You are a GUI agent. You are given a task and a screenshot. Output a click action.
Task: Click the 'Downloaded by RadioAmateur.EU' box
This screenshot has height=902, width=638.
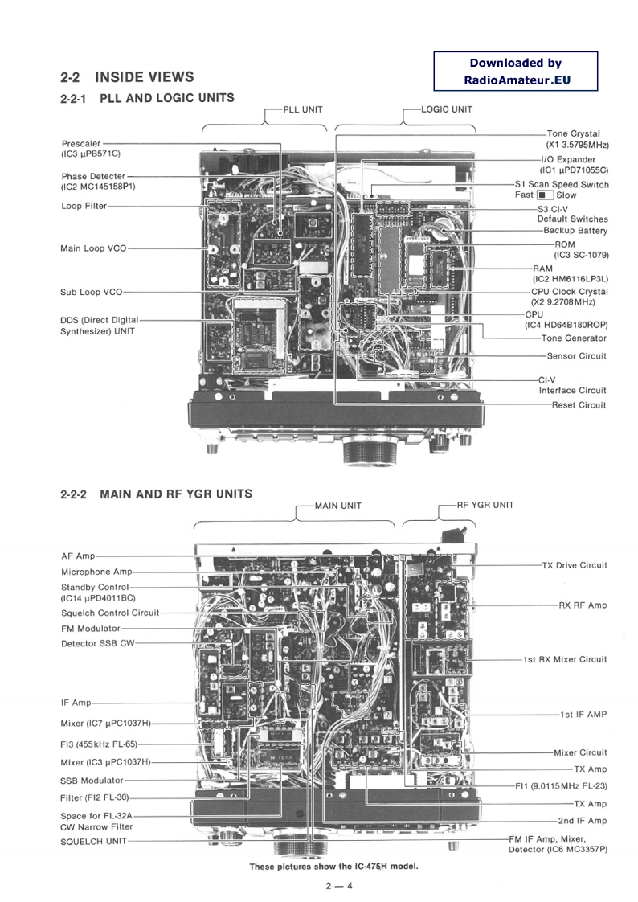pyautogui.click(x=515, y=71)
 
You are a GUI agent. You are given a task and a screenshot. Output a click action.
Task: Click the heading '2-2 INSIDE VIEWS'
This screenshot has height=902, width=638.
pyautogui.click(x=127, y=77)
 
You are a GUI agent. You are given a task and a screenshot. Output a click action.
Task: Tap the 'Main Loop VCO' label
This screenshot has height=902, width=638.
pyautogui.click(x=93, y=248)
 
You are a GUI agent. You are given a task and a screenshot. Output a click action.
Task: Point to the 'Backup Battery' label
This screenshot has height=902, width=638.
pyautogui.click(x=575, y=231)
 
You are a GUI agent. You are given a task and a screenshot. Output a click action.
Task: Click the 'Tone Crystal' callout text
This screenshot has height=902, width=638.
pyautogui.click(x=573, y=133)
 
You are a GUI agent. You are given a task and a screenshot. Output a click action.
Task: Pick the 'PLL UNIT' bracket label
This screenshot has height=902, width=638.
pyautogui.click(x=301, y=109)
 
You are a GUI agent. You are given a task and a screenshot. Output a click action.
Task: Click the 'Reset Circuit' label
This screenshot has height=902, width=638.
pyautogui.click(x=579, y=404)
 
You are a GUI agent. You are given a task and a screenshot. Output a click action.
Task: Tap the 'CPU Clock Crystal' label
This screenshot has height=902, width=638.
pyautogui.click(x=569, y=291)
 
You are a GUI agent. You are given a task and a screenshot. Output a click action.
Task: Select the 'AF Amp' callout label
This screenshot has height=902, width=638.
pyautogui.click(x=78, y=556)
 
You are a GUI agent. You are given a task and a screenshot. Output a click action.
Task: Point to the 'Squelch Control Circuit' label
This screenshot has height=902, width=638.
pyautogui.click(x=110, y=613)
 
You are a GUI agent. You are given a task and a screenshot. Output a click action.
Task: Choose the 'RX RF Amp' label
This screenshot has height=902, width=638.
pyautogui.click(x=583, y=605)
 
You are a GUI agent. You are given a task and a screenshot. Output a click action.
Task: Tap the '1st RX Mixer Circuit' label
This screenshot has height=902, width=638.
pyautogui.click(x=565, y=659)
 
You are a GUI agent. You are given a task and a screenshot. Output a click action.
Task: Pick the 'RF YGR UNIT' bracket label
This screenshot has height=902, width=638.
pyautogui.click(x=485, y=505)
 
